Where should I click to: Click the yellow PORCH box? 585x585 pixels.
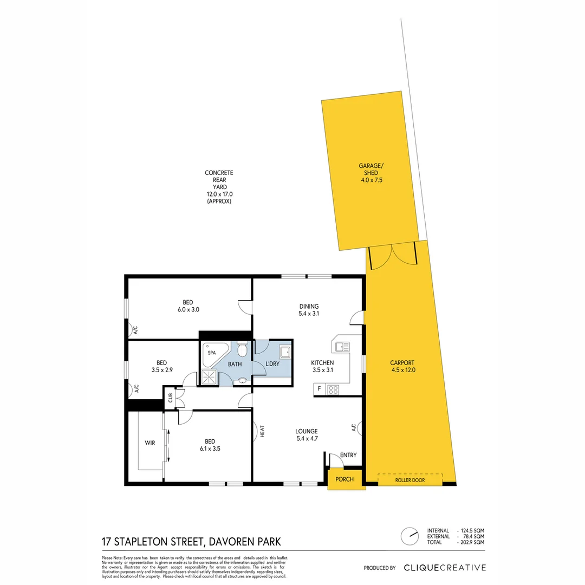344,479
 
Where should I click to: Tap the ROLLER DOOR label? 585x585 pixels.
410,480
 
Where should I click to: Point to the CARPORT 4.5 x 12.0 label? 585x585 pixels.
402,367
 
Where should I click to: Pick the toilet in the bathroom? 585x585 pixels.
242,349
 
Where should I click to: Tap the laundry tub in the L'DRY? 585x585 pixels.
285,353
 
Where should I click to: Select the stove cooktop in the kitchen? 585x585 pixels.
333,389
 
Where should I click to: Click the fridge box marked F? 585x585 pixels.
319,389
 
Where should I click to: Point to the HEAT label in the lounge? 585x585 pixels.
262,431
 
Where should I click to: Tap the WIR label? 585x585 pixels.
150,443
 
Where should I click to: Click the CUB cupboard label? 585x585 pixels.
170,398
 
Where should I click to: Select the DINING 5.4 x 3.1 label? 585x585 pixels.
308,310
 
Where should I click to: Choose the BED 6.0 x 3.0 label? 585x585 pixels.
187,306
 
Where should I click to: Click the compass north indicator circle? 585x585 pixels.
409,536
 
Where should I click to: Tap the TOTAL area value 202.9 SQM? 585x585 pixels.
471,542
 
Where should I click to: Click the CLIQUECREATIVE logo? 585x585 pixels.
445,568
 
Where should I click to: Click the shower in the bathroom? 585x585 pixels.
209,377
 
